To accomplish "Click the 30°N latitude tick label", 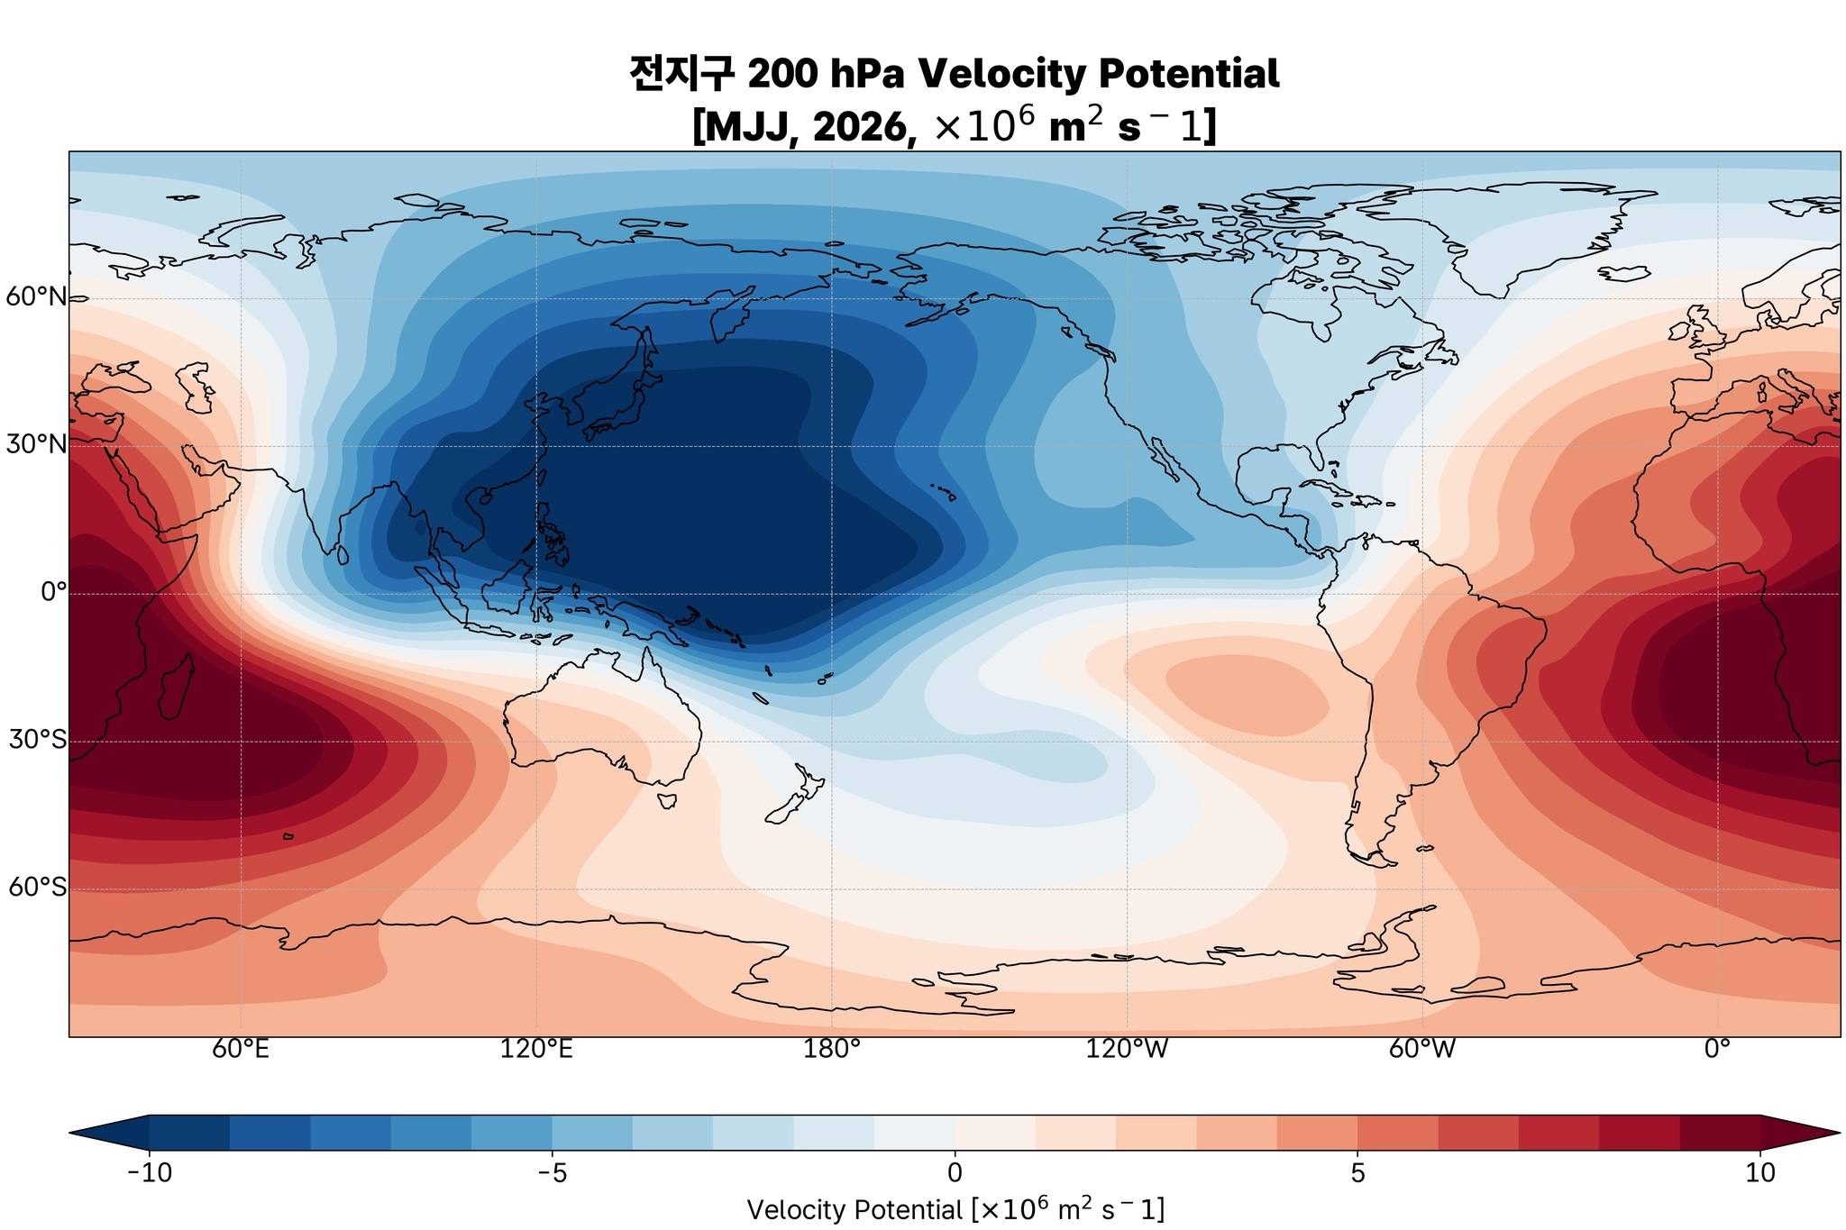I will click(36, 444).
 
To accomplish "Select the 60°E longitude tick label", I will click(241, 1050).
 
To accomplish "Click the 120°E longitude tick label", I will click(536, 1050).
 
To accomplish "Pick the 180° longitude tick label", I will click(831, 1050).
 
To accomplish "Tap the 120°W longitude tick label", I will click(1127, 1050).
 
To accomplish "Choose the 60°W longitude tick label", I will click(1422, 1050).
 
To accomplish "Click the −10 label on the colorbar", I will click(150, 1172).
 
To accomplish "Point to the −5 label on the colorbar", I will click(552, 1172).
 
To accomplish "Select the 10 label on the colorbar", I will click(1759, 1172).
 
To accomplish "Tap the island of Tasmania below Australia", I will click(668, 800).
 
